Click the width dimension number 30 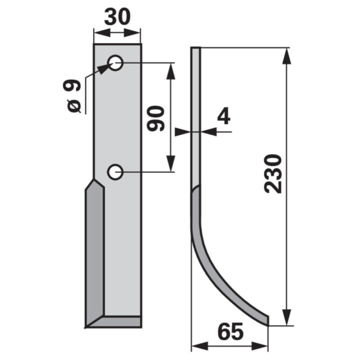tap(118, 17)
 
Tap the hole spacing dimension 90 tap(156, 118)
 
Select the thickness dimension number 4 tap(224, 115)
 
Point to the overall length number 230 tap(273, 174)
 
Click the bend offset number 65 tap(230, 332)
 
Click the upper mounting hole tap(115, 62)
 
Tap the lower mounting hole tap(115, 172)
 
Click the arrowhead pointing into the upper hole tap(103, 68)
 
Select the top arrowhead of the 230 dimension tap(286, 56)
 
